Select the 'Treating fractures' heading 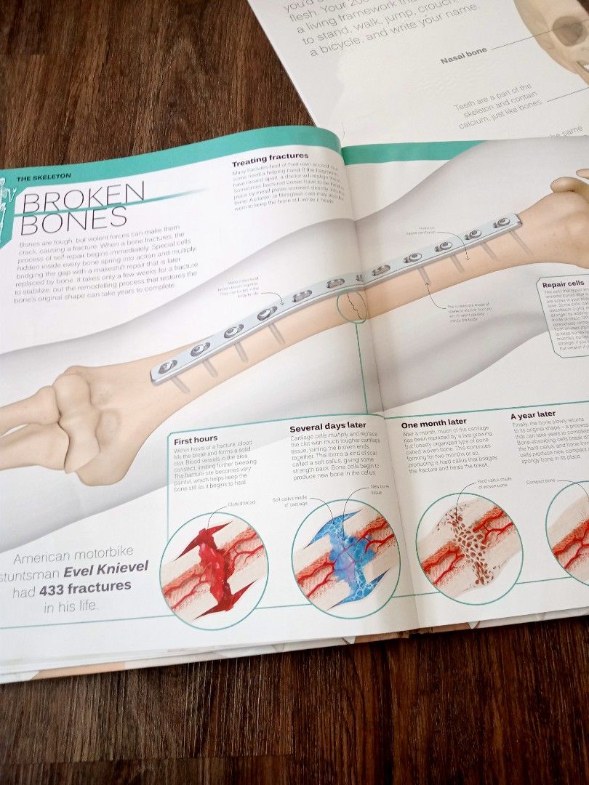pos(270,156)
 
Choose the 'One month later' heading pos(435,422)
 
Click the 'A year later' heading pos(533,414)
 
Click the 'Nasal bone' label pos(464,60)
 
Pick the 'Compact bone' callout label pos(541,480)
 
